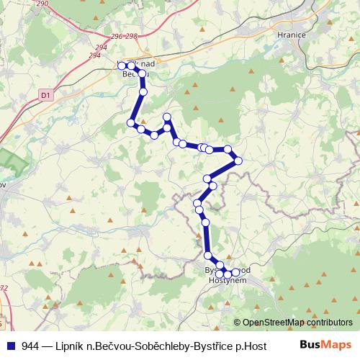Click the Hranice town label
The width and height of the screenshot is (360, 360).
coord(292,34)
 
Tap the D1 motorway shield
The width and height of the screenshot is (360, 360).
coord(45,94)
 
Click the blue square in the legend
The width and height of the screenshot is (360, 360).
coord(12,346)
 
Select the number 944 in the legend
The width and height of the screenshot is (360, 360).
coord(31,346)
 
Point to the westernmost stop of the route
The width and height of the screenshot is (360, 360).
coord(121,66)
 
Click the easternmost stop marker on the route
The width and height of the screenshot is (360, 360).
coord(239,160)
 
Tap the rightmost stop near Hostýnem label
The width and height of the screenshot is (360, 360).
coord(235,272)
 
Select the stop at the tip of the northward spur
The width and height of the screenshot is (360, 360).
coord(167,117)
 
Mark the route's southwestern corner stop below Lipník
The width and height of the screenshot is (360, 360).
coord(131,123)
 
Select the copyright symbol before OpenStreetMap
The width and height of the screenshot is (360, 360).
coord(238,323)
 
